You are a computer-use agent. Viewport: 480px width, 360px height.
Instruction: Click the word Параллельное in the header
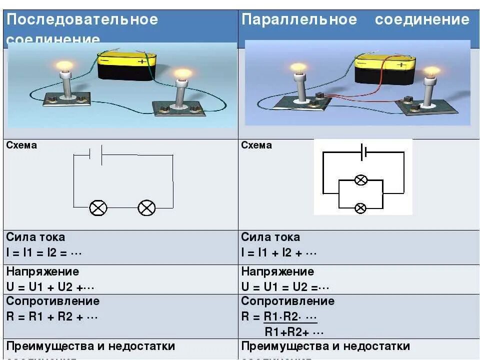click(299, 19)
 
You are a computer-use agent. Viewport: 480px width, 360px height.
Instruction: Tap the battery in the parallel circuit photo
click(385, 69)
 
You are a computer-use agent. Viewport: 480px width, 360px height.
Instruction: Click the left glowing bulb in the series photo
click(63, 66)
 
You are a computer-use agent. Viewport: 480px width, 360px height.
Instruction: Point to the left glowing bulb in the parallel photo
click(298, 68)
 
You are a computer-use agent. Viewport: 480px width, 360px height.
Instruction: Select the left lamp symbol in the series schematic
click(98, 207)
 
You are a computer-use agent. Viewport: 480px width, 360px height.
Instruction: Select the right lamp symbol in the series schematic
click(146, 207)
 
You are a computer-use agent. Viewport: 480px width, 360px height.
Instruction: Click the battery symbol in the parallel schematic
click(363, 152)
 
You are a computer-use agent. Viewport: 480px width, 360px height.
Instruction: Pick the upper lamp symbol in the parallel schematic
click(360, 180)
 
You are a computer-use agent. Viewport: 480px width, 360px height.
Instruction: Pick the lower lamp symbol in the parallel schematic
click(360, 207)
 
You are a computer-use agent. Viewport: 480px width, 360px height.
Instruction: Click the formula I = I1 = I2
click(44, 252)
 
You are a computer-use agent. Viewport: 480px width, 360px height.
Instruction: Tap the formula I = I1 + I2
click(279, 252)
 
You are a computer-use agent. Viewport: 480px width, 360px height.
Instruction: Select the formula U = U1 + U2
click(50, 287)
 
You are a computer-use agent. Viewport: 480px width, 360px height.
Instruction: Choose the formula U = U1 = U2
click(285, 287)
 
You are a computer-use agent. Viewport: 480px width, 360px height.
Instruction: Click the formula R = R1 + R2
click(52, 316)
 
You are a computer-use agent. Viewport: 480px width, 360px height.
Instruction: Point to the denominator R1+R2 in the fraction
click(294, 331)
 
